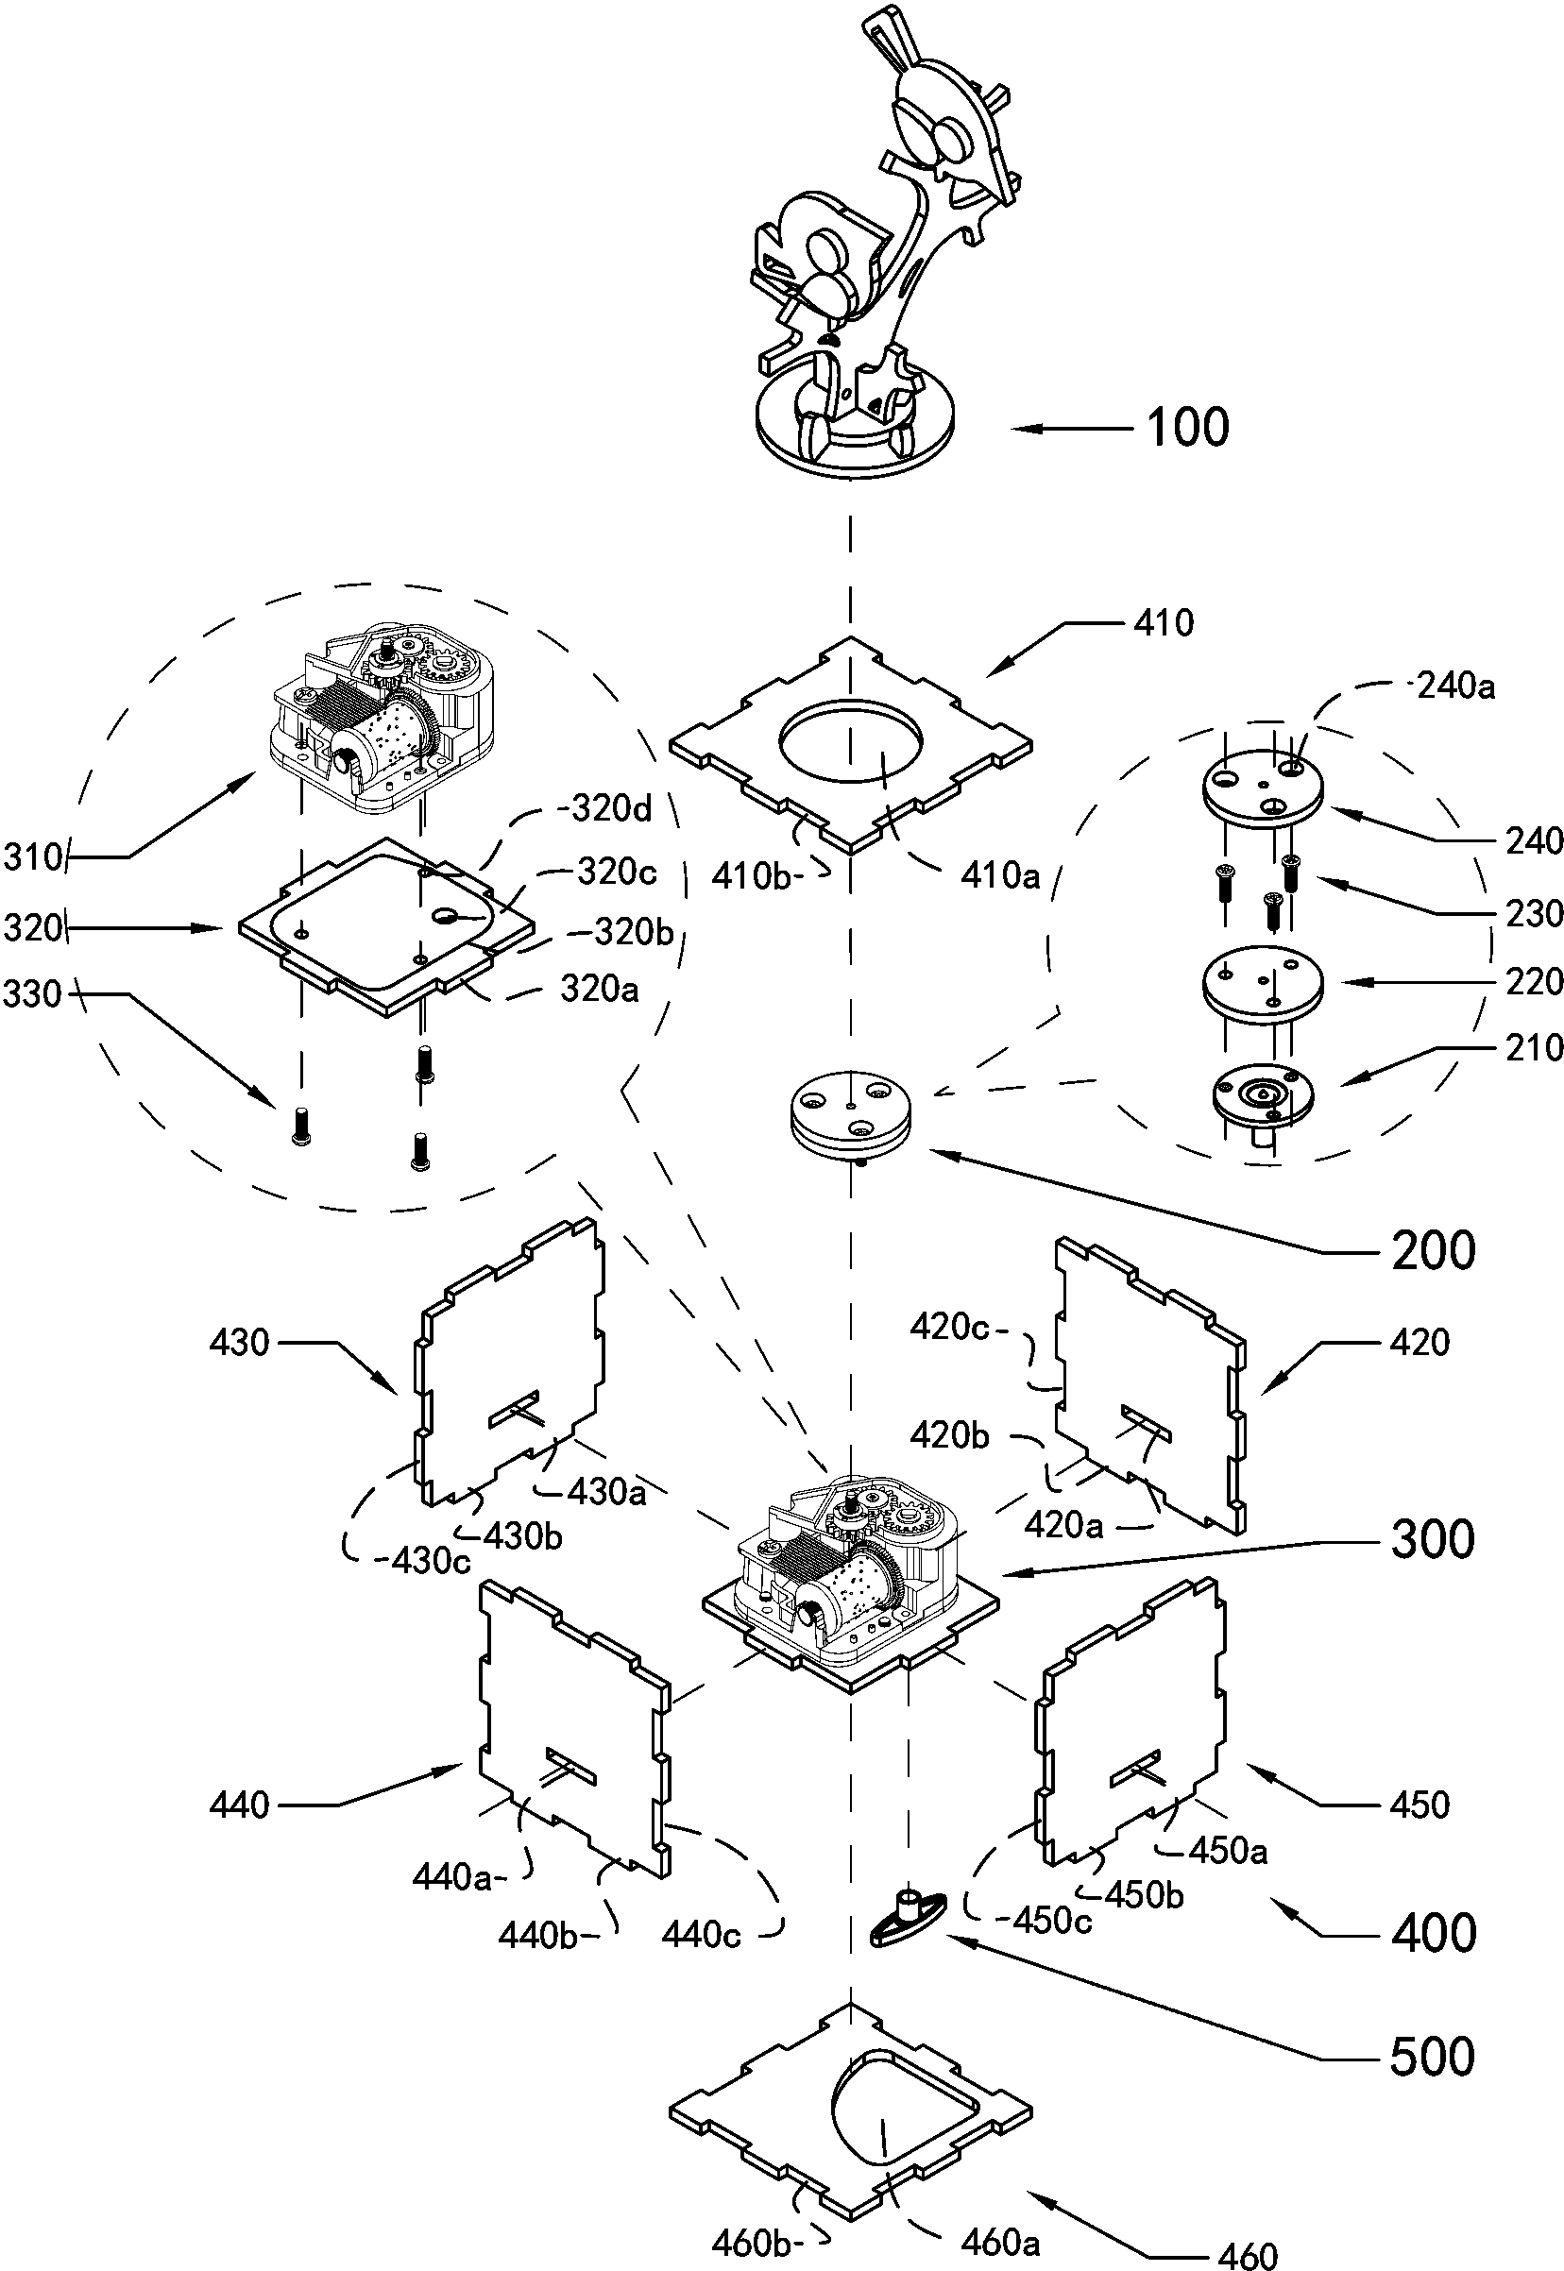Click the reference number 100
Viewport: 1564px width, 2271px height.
tap(1188, 428)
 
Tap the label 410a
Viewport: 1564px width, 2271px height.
tap(999, 875)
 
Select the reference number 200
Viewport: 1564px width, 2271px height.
tap(1433, 1252)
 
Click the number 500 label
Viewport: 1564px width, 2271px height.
tap(1432, 2057)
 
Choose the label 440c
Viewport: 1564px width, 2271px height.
tap(701, 1934)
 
